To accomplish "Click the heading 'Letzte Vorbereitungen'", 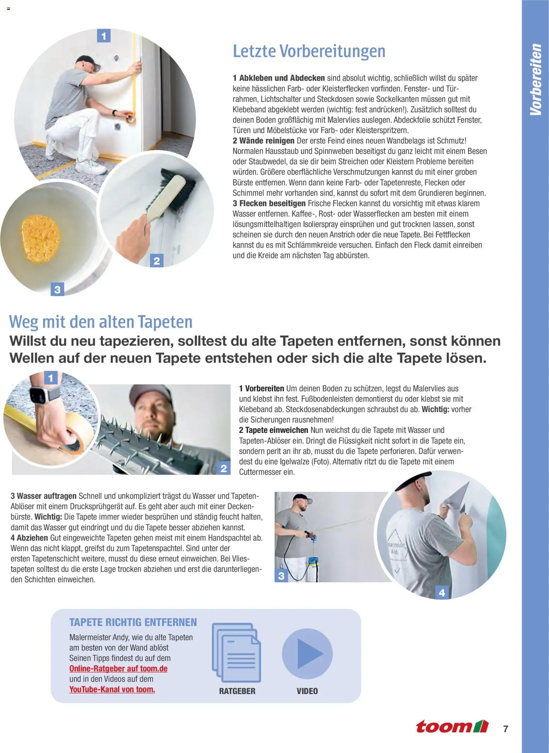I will tap(309, 51).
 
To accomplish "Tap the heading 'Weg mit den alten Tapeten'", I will tap(101, 322).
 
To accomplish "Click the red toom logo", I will tap(452, 726).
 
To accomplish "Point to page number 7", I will tap(506, 729).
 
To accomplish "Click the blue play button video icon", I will tap(307, 654).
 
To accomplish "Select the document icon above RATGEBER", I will tap(236, 653).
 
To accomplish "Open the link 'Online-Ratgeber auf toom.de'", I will tap(118, 668).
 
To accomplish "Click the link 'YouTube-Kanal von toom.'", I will tap(112, 689).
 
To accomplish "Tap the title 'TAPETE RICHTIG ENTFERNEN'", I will tap(133, 622).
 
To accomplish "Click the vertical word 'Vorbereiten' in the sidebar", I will tap(536, 80).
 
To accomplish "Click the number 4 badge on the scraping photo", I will tap(442, 592).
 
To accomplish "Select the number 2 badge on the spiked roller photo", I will tap(223, 468).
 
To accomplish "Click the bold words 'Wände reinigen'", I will tap(267, 141).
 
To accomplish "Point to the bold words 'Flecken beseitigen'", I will tap(272, 204).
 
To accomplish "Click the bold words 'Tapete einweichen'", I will tap(277, 430).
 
